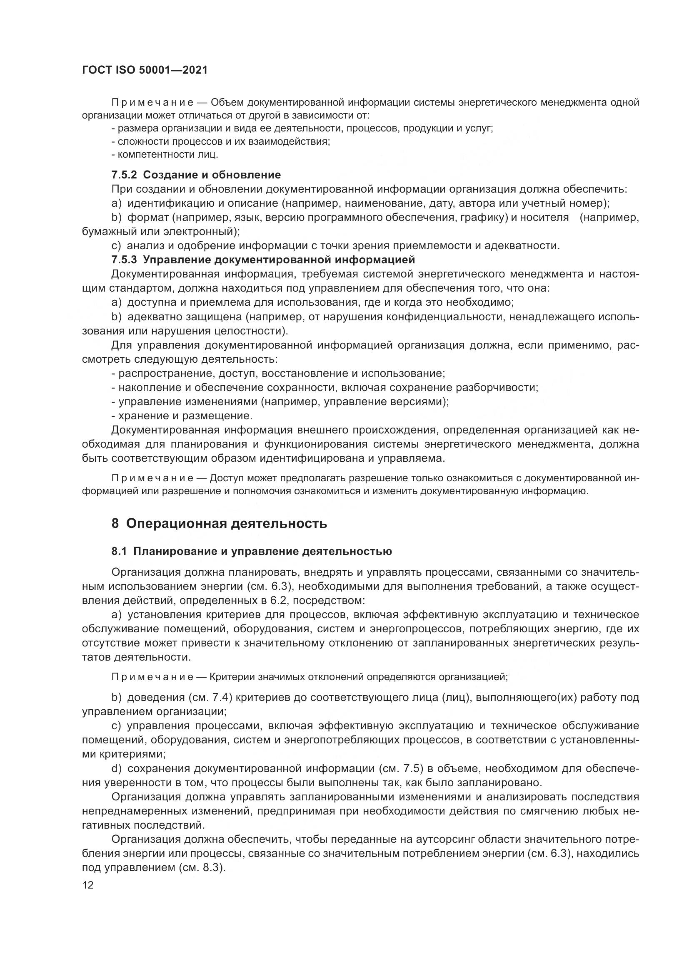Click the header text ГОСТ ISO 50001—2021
145,70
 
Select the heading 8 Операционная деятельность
219,523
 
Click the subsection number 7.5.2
124,175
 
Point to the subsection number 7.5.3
124,259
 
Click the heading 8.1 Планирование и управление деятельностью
252,551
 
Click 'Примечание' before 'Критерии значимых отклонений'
152,677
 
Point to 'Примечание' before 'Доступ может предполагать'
152,478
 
